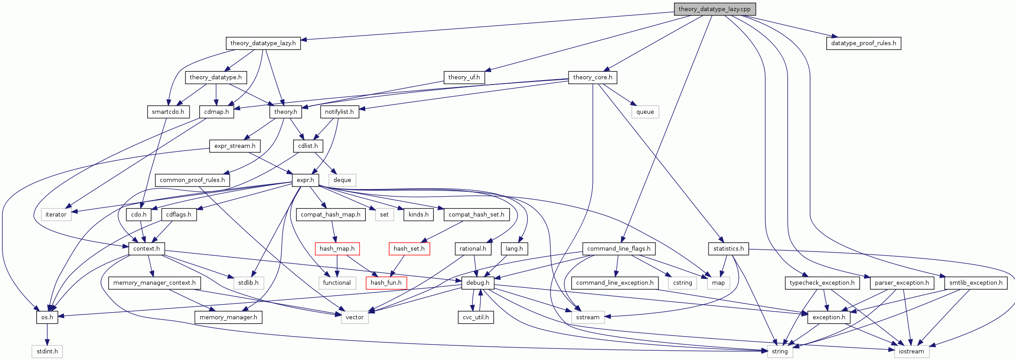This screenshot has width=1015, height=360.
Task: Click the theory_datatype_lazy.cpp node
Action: click(x=714, y=9)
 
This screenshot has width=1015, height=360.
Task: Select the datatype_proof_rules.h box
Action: click(x=863, y=43)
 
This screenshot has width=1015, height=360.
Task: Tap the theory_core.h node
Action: click(x=593, y=77)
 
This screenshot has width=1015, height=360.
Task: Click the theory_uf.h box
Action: click(x=464, y=77)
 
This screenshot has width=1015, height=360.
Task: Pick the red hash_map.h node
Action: click(x=337, y=249)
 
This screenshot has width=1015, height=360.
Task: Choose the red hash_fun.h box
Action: click(x=386, y=283)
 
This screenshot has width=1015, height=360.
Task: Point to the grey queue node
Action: click(x=645, y=112)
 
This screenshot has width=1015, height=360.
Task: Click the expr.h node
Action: click(x=305, y=180)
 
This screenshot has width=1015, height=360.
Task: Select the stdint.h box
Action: click(x=47, y=352)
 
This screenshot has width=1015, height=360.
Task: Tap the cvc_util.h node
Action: click(x=476, y=317)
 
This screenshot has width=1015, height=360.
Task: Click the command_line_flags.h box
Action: click(x=618, y=249)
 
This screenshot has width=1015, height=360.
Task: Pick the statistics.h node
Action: click(x=728, y=249)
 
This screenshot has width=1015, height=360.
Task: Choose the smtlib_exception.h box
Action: click(x=976, y=283)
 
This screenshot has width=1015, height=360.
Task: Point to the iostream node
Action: click(x=911, y=352)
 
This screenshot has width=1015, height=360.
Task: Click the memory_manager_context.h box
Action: click(x=154, y=283)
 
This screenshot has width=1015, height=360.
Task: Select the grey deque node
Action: click(x=342, y=180)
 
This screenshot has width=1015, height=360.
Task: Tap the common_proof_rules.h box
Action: click(x=192, y=180)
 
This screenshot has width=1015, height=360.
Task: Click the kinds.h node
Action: click(x=418, y=215)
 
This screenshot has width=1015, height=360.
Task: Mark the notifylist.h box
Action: click(x=339, y=112)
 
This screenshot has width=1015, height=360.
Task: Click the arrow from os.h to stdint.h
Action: click(x=47, y=334)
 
